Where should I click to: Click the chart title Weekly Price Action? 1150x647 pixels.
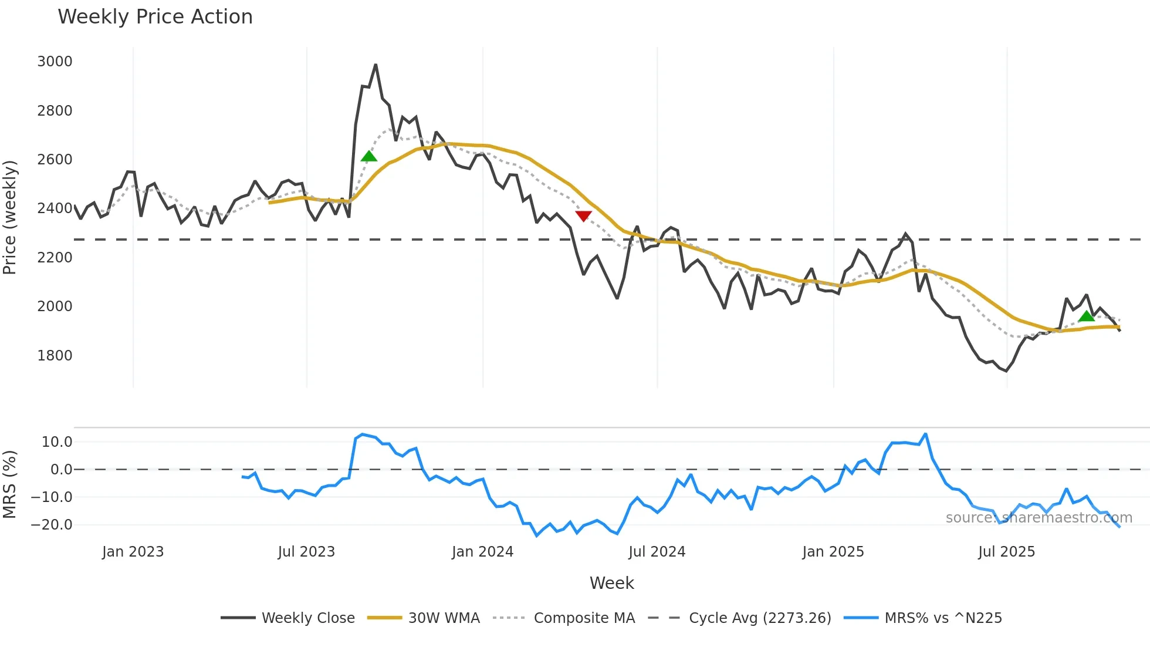tap(155, 17)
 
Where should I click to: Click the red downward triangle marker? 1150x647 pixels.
tap(583, 216)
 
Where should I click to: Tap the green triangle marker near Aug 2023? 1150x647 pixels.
tap(368, 156)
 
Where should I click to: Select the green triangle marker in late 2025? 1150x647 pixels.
tap(1087, 316)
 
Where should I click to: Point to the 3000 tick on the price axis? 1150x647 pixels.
tap(55, 62)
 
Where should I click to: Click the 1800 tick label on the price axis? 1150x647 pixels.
tap(55, 355)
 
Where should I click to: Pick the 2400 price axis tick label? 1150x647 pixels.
tap(55, 208)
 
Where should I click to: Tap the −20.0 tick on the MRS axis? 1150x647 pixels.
tap(52, 525)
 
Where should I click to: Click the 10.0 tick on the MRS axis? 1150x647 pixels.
tap(57, 442)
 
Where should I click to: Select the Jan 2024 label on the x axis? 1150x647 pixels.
tap(482, 552)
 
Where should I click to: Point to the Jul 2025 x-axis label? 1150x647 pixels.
tap(1006, 552)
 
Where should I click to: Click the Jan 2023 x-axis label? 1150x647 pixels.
tap(133, 552)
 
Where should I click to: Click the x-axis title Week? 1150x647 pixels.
tap(611, 583)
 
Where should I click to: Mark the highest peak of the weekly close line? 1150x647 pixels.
tap(376, 65)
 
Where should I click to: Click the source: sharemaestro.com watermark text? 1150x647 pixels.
tap(1039, 518)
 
